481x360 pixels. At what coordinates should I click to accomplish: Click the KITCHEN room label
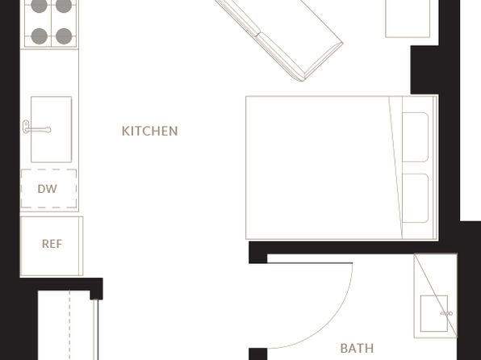pyautogui.click(x=149, y=131)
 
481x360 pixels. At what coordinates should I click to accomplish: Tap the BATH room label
pyautogui.click(x=357, y=349)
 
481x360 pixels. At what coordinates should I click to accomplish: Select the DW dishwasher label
pyautogui.click(x=48, y=189)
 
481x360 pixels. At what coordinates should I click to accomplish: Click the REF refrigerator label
pyautogui.click(x=52, y=244)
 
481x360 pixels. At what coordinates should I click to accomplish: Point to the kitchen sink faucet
pyautogui.click(x=36, y=128)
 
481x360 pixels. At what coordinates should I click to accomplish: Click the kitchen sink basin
pyautogui.click(x=51, y=129)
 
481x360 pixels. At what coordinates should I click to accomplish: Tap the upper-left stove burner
pyautogui.click(x=40, y=6)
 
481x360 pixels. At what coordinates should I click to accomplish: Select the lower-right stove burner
pyautogui.click(x=64, y=36)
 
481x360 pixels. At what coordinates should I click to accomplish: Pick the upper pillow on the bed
pyautogui.click(x=415, y=137)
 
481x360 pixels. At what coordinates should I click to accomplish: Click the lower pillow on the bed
pyautogui.click(x=415, y=199)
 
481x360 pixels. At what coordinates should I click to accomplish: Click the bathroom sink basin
pyautogui.click(x=433, y=313)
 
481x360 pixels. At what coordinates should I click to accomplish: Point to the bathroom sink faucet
pyautogui.click(x=446, y=313)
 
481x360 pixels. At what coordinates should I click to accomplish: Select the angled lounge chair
pyautogui.click(x=279, y=39)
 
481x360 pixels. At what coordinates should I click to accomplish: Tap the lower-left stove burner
pyautogui.click(x=40, y=36)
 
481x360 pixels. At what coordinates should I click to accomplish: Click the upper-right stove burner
pyautogui.click(x=64, y=6)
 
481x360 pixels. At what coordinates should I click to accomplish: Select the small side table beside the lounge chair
pyautogui.click(x=408, y=19)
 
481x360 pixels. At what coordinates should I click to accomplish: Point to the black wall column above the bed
pyautogui.click(x=425, y=70)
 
